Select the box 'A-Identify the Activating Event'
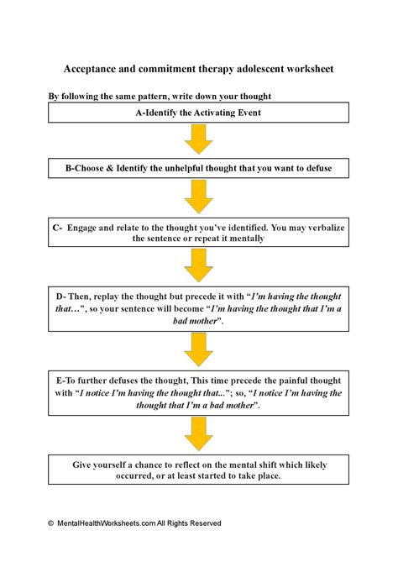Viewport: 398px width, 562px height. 198,113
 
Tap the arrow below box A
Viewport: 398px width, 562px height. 198,139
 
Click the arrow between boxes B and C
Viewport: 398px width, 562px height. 198,196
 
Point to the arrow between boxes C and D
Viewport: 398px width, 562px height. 198,265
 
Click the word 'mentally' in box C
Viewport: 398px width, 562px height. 244,239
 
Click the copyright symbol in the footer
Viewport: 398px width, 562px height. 50,523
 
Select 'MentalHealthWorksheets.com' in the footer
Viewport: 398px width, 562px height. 105,523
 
